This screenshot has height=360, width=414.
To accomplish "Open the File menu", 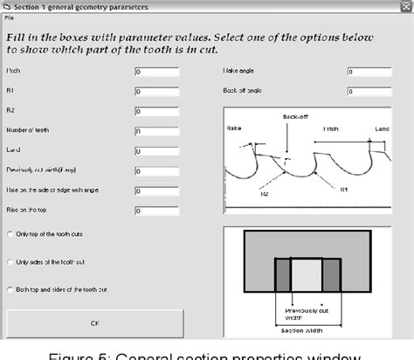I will pos(8,17).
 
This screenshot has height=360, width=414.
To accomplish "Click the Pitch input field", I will pos(156,71).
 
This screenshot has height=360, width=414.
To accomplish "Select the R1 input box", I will pos(156,91).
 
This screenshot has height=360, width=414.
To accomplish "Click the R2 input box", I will pos(156,111).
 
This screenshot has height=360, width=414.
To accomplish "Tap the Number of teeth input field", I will pos(156,131).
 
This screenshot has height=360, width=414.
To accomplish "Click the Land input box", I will pos(156,150).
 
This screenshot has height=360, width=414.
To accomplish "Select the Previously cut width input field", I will pos(156,170).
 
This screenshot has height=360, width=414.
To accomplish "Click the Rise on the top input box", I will pos(156,211).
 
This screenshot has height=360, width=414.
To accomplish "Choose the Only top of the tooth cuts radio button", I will pos(10,234).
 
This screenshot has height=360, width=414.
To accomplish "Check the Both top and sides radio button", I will pos(10,289).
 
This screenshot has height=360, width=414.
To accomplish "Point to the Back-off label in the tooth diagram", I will pos(294,116).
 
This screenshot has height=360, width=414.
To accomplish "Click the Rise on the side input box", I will pos(156,190).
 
